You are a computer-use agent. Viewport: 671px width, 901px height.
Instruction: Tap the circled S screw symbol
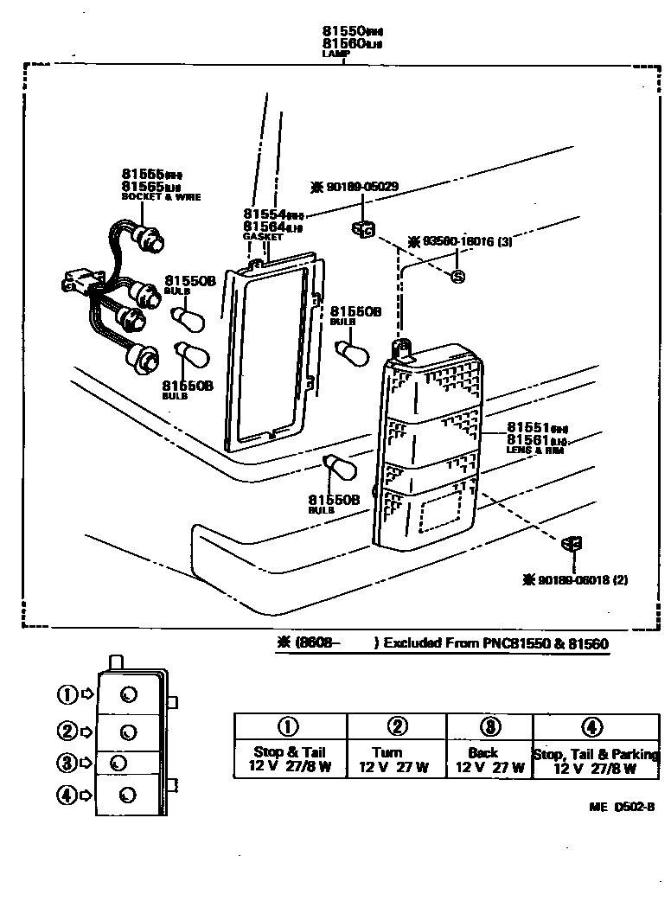pyautogui.click(x=459, y=277)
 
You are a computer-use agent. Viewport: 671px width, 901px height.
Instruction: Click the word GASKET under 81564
pyautogui.click(x=259, y=236)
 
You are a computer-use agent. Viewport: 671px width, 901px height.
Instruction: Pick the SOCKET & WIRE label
pyautogui.click(x=161, y=197)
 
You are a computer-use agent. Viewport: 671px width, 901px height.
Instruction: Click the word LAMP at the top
pyautogui.click(x=335, y=54)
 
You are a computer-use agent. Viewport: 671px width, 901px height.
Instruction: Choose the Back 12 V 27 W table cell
pyautogui.click(x=489, y=760)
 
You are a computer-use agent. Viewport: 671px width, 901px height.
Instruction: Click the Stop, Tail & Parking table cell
pyautogui.click(x=595, y=760)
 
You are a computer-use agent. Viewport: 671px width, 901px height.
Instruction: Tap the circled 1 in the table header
pyautogui.click(x=290, y=726)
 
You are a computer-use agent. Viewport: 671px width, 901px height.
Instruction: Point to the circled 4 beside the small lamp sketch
pyautogui.click(x=67, y=795)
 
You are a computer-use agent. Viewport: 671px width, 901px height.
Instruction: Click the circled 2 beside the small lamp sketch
pyautogui.click(x=67, y=732)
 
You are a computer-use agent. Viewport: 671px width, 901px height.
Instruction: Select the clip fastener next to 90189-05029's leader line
pyautogui.click(x=361, y=229)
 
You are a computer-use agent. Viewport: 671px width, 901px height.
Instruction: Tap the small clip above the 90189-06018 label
pyautogui.click(x=571, y=543)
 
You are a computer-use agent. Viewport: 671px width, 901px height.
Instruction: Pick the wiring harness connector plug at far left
pyautogui.click(x=75, y=283)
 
